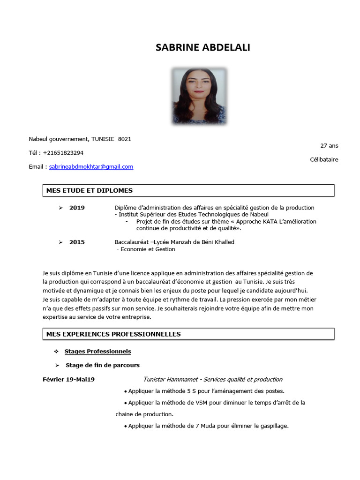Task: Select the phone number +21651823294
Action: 63,152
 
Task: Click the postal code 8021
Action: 125,139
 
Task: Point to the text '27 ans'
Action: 329,146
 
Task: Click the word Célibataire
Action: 324,159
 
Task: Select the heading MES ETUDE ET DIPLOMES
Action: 90,190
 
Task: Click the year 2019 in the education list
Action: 77,208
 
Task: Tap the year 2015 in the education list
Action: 77,242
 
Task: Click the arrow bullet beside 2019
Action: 60,208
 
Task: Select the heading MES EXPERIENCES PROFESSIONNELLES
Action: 113,334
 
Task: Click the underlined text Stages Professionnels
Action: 97,351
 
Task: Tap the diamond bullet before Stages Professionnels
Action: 56,351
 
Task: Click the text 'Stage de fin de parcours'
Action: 103,365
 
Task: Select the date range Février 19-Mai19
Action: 68,379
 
